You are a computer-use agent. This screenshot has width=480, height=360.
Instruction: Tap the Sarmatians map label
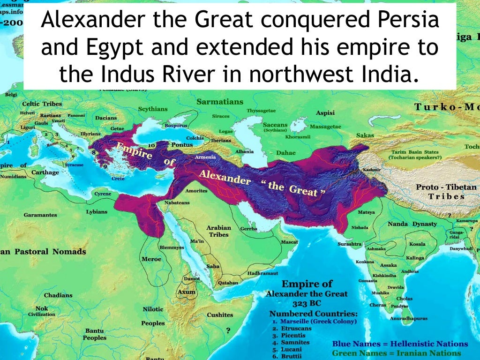tap(220, 102)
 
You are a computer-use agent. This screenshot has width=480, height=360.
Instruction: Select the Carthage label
tap(45, 172)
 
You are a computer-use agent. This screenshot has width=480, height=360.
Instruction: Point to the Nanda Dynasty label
tap(412, 224)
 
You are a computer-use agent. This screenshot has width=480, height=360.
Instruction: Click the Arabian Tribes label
tap(219, 231)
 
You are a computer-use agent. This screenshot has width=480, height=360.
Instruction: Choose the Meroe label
tap(151, 259)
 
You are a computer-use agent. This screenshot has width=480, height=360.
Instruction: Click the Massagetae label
tap(325, 127)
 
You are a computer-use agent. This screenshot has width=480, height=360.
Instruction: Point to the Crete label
tap(118, 179)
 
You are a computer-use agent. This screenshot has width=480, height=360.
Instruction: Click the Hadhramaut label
tap(262, 273)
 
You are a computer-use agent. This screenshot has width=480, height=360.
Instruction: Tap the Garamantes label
tap(40, 215)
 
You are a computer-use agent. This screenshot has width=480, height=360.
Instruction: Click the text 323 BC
tap(307, 303)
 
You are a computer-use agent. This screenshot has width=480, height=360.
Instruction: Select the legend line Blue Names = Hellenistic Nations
tap(400, 344)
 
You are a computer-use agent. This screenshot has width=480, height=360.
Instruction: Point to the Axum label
tap(186, 292)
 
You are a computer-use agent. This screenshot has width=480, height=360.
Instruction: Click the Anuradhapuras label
tap(408, 318)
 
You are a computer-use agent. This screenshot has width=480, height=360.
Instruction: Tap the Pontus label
tap(182, 145)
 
